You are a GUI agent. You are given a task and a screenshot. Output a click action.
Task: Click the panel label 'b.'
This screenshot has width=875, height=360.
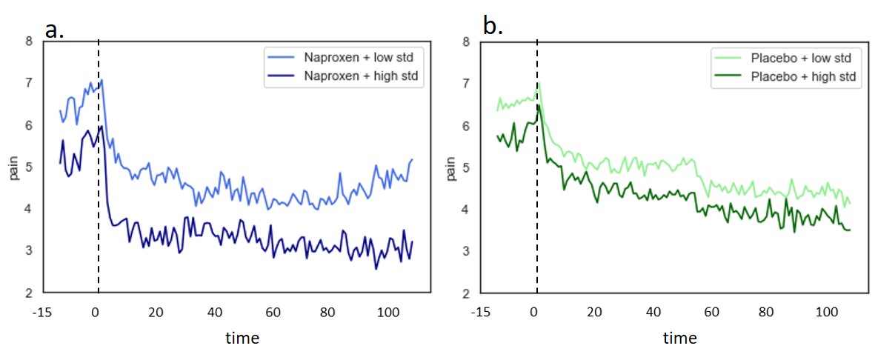click(493, 27)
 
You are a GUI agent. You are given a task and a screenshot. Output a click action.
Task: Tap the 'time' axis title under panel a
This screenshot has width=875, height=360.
click(242, 339)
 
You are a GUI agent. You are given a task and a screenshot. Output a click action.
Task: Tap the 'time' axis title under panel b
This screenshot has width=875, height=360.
click(680, 339)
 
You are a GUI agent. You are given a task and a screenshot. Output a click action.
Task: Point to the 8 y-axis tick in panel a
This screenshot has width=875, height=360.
click(29, 42)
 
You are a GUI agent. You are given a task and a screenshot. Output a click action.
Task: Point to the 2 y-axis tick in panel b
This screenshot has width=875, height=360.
click(467, 293)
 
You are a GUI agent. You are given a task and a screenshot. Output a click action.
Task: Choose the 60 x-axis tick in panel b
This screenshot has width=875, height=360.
click(711, 311)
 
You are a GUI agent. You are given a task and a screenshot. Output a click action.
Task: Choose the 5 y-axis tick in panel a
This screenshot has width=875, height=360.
click(29, 167)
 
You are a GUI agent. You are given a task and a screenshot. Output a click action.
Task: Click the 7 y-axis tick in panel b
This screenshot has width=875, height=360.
click(467, 84)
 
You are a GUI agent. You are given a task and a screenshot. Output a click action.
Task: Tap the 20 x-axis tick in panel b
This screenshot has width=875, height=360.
click(593, 311)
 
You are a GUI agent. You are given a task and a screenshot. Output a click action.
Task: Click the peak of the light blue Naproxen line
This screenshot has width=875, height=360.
click(102, 79)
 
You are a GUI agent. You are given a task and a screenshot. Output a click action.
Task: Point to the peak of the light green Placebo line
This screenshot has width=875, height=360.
click(539, 82)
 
